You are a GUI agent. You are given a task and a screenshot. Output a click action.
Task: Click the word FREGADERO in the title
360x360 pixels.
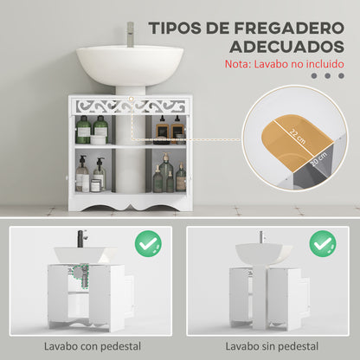pos(289,28)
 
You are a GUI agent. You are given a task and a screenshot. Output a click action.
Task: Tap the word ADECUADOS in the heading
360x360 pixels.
pos(287,47)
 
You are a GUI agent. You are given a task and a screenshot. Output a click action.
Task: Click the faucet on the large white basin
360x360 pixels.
pos(131,34)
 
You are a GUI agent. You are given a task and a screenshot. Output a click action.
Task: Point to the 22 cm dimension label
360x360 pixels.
pos(297,137)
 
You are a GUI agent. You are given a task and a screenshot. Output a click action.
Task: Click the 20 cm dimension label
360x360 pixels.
pos(319,159)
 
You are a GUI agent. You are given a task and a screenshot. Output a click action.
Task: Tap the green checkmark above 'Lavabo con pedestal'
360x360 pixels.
pos(148,244)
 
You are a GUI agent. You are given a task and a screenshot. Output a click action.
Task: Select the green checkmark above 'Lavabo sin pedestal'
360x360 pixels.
pos(323,244)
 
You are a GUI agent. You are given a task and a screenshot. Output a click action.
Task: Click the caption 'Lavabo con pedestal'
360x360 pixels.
pos(93,346)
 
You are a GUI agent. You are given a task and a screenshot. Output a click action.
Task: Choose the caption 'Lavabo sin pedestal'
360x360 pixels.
pos(272,346)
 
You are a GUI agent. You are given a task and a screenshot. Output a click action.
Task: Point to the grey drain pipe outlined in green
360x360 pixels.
pos(81,274)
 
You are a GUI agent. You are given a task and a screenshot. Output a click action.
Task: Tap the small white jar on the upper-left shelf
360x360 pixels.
pos(99,139)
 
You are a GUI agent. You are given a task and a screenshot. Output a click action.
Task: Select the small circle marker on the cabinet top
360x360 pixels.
pos(132,99)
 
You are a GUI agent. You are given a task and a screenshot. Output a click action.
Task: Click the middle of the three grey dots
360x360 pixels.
pos(327,76)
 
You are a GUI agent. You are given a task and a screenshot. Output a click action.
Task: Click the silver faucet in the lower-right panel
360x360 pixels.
pos(261,237)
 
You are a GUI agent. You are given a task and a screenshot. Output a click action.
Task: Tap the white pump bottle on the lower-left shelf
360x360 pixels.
pos(82,174)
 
